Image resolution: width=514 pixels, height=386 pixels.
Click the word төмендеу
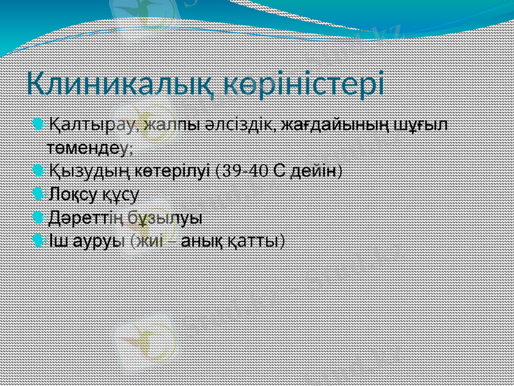(90, 147)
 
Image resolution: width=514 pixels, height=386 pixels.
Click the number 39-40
(245, 171)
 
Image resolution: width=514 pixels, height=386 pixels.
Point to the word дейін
(314, 171)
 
